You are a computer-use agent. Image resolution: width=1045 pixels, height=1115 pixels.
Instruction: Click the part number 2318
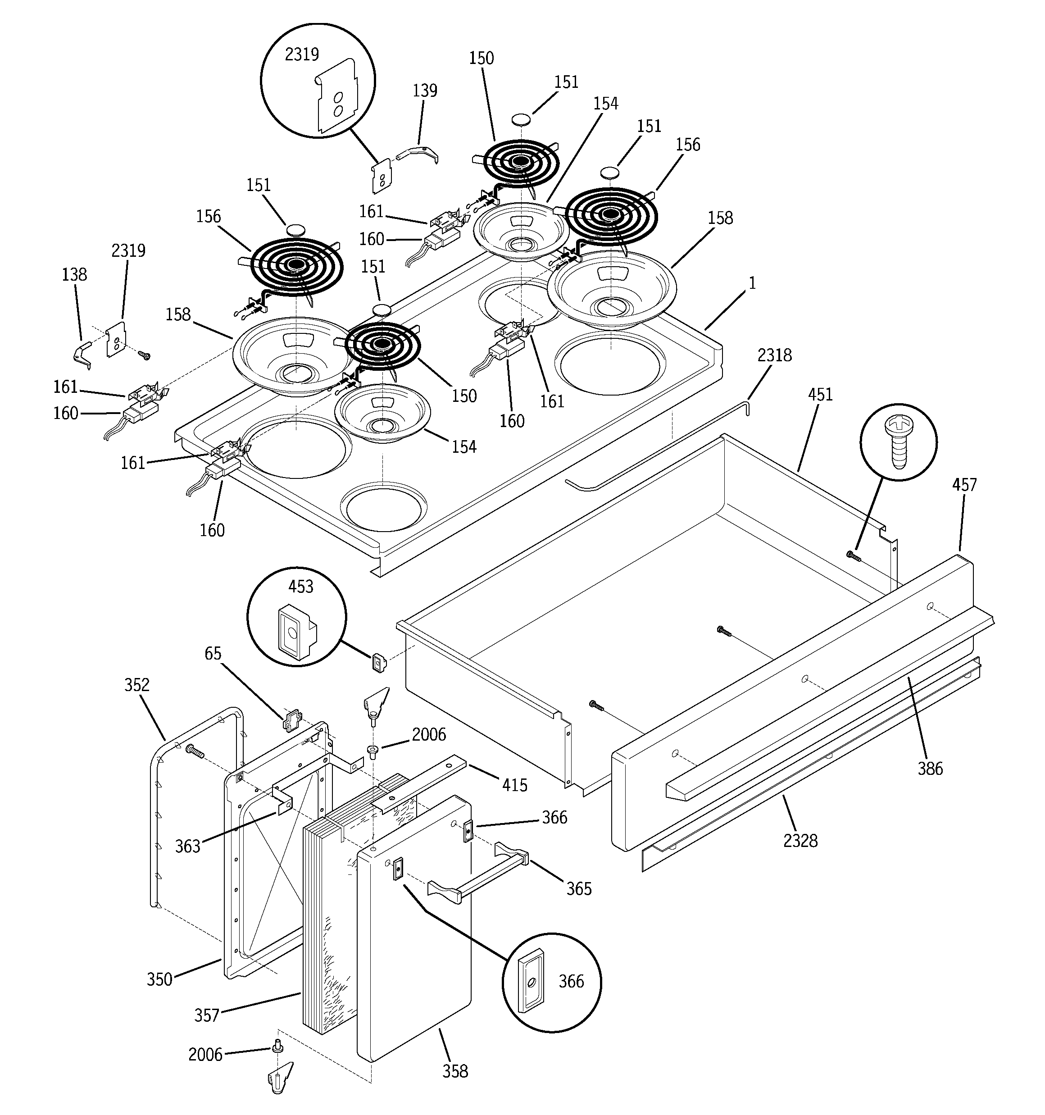774,355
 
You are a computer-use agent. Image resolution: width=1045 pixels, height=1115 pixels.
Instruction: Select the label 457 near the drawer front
963,485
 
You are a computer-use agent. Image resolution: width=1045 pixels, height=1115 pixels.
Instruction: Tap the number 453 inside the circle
300,587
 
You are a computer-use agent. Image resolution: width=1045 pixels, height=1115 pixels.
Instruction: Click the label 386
930,769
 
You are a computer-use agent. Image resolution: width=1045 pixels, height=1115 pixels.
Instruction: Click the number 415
514,785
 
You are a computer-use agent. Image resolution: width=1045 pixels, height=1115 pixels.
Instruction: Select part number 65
213,653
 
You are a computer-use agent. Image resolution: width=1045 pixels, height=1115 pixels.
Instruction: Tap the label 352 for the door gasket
137,685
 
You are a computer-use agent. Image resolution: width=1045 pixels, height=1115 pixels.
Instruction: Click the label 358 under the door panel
455,1071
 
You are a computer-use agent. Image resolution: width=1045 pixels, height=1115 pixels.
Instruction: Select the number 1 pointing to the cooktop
752,283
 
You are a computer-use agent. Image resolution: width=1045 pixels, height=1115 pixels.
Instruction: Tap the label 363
187,846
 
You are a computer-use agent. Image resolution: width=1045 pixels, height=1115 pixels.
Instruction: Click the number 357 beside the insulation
206,1015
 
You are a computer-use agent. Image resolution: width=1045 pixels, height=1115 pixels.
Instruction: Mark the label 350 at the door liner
159,979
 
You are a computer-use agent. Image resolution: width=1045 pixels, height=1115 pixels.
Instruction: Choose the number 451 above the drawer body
820,394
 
